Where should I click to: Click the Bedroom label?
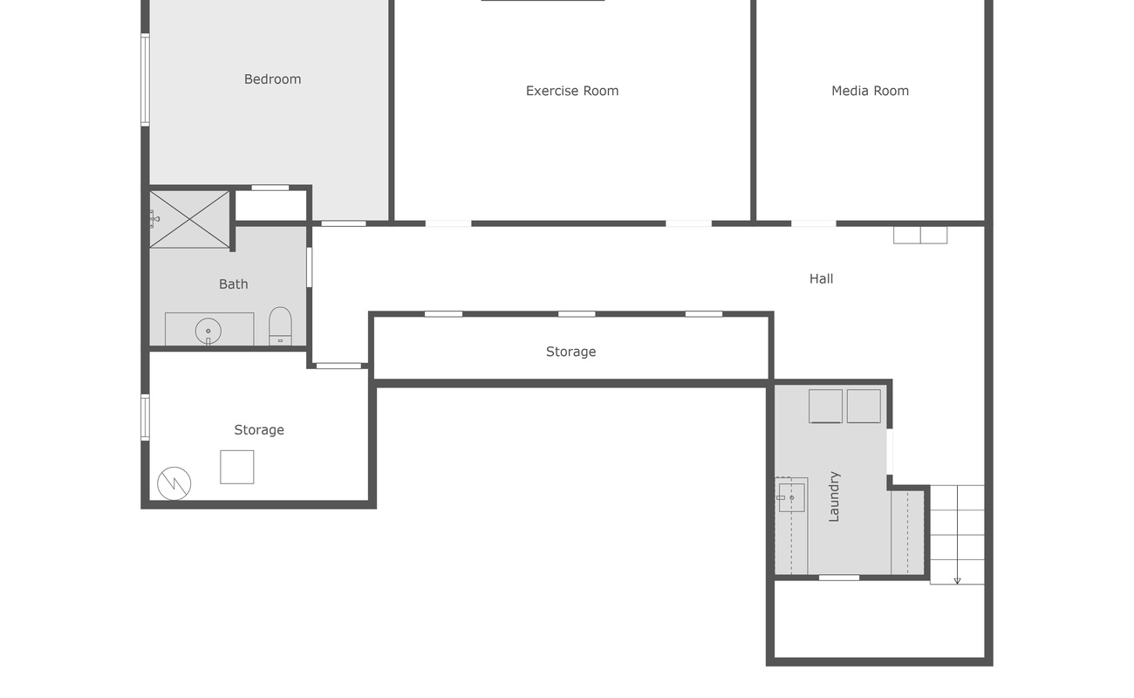[272, 79]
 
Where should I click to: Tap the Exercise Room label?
[571, 91]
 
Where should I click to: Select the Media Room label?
[870, 91]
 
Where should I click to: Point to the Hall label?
[821, 279]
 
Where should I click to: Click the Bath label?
[233, 284]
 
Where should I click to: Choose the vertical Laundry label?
[834, 496]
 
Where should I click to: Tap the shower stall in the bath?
[189, 219]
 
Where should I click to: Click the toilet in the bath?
[280, 326]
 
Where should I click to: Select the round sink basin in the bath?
[208, 332]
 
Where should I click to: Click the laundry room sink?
[791, 497]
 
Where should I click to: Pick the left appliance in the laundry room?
[825, 407]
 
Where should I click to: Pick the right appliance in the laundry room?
[864, 407]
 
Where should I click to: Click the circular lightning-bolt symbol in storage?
[174, 483]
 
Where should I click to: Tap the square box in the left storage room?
[236, 467]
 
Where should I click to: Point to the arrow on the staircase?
[957, 579]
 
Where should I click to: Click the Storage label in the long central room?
[570, 352]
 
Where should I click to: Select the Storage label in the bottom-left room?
[258, 430]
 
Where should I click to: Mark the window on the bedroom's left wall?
[145, 79]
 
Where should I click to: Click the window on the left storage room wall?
[145, 416]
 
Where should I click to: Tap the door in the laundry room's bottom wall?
[838, 578]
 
